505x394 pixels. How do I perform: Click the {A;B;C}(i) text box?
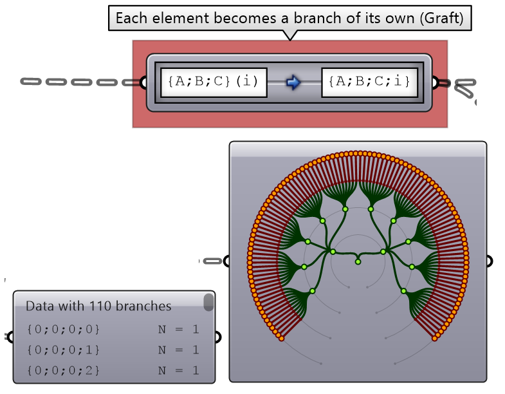213,82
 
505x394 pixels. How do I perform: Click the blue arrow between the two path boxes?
293,82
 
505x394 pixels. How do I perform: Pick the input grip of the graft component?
144,82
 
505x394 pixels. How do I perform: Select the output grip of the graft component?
436,82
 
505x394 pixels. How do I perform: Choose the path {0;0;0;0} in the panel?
63,330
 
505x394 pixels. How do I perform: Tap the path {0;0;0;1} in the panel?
63,350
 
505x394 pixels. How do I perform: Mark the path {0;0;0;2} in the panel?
63,371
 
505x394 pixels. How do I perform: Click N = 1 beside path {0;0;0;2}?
178,371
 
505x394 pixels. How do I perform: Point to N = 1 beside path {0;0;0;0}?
178,330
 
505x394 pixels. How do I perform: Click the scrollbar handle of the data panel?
208,303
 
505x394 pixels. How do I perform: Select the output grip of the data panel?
218,337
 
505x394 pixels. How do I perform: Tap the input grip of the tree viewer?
226,261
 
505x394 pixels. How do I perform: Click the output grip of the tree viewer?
490,261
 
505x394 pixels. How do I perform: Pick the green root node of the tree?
358,261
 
